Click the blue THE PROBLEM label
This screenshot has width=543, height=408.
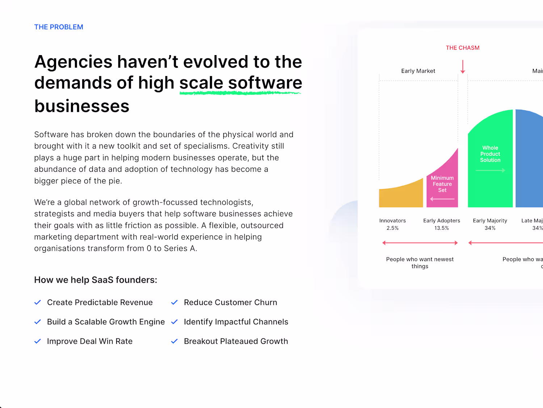tap(59, 27)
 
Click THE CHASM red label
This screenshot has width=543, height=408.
tap(463, 48)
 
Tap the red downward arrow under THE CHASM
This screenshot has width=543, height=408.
tap(463, 67)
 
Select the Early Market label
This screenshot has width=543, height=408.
tap(418, 71)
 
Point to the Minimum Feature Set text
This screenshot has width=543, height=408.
tap(442, 184)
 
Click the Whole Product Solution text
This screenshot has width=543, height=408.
tap(490, 154)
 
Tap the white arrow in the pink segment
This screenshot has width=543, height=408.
tap(442, 199)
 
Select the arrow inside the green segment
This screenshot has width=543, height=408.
tap(490, 170)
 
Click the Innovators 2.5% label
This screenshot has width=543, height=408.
tap(393, 224)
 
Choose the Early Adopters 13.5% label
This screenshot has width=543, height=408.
tap(442, 224)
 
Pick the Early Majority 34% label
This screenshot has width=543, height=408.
tap(490, 224)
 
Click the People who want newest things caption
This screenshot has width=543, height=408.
tap(420, 263)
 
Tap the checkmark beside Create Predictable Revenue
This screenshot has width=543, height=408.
tap(38, 302)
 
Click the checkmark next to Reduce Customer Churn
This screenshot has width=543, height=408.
tap(174, 302)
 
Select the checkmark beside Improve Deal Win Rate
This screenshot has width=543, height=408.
tap(38, 341)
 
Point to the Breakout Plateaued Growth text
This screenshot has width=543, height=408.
tap(236, 341)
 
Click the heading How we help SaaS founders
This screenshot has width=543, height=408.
tap(96, 280)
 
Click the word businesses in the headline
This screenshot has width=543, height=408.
tap(82, 106)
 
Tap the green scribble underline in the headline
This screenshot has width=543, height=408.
tap(240, 93)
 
